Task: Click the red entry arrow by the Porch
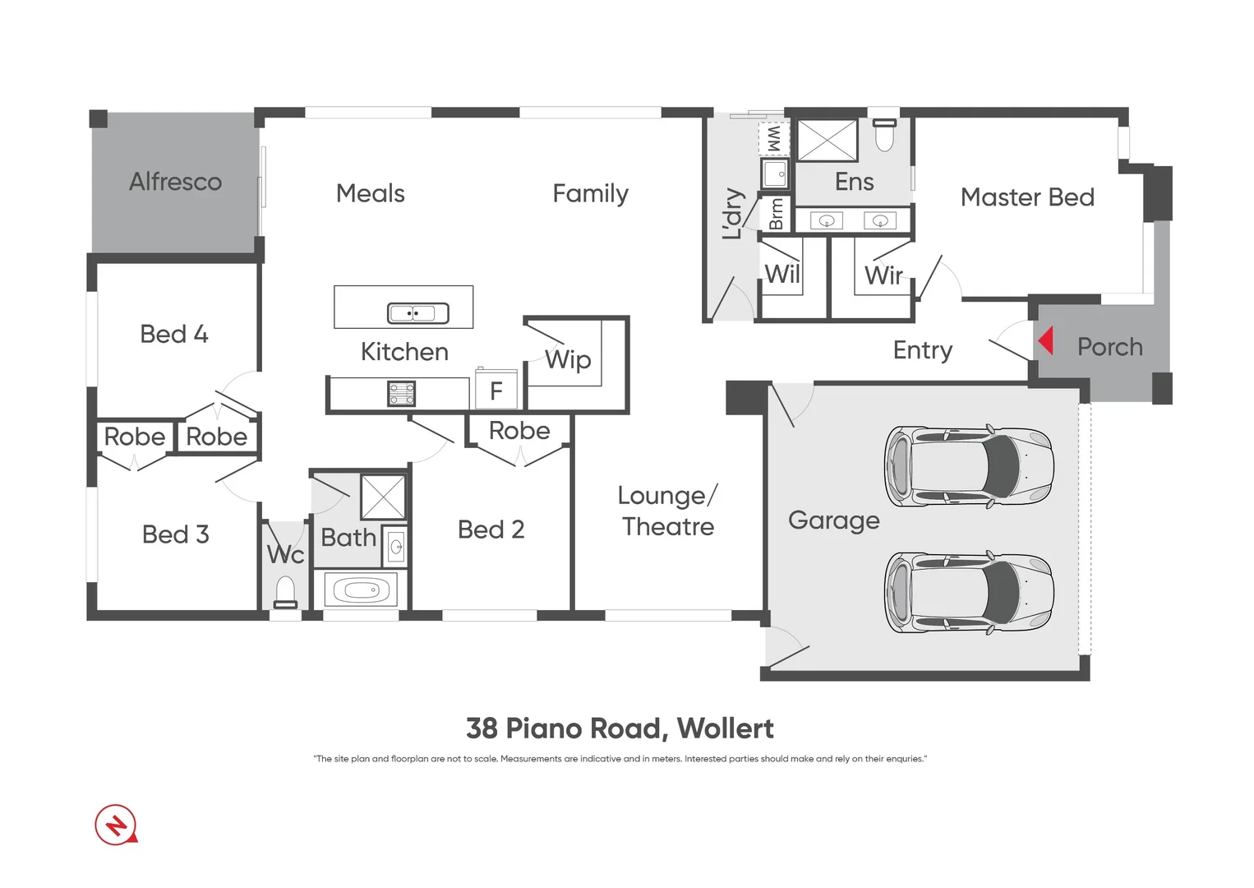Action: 1045,340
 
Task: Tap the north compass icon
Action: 116,824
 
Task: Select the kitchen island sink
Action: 417,313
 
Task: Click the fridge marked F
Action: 496,391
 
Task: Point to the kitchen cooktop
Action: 401,394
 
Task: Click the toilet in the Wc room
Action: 285,592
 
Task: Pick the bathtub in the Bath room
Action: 361,590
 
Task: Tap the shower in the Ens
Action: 827,140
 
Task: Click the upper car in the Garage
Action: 969,466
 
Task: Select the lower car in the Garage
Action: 969,592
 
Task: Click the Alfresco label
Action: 175,182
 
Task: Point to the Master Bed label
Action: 1027,197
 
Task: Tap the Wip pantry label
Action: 568,359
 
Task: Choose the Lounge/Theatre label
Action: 667,511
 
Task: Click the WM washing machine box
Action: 773,138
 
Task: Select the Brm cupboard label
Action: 776,215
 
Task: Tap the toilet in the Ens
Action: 884,135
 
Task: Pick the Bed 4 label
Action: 174,334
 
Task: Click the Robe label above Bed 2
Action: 519,430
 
